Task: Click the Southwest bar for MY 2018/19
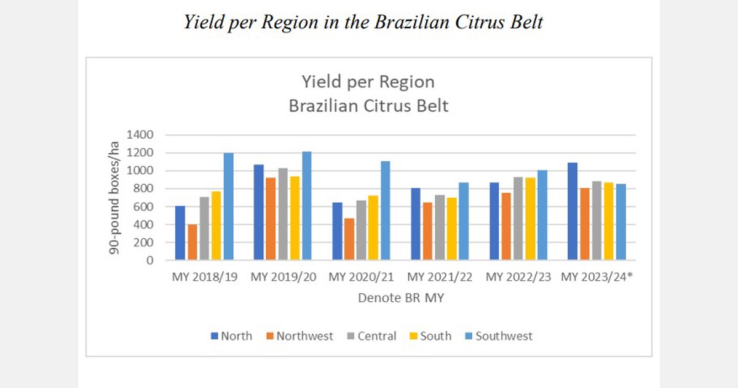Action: click(x=228, y=206)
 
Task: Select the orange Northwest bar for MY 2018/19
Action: click(x=192, y=242)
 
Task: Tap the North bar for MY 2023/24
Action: click(x=572, y=211)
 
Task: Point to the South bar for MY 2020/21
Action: click(x=373, y=228)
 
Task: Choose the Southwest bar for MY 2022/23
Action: click(x=542, y=215)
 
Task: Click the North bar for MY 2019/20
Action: click(x=258, y=212)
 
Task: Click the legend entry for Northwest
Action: click(x=300, y=336)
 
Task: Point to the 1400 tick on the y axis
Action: click(x=140, y=135)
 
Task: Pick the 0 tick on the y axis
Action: click(x=149, y=261)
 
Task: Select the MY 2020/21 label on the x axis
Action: click(x=363, y=278)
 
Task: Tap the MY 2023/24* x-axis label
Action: click(x=597, y=278)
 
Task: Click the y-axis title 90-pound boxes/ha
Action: click(x=114, y=197)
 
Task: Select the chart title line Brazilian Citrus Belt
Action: click(x=368, y=105)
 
